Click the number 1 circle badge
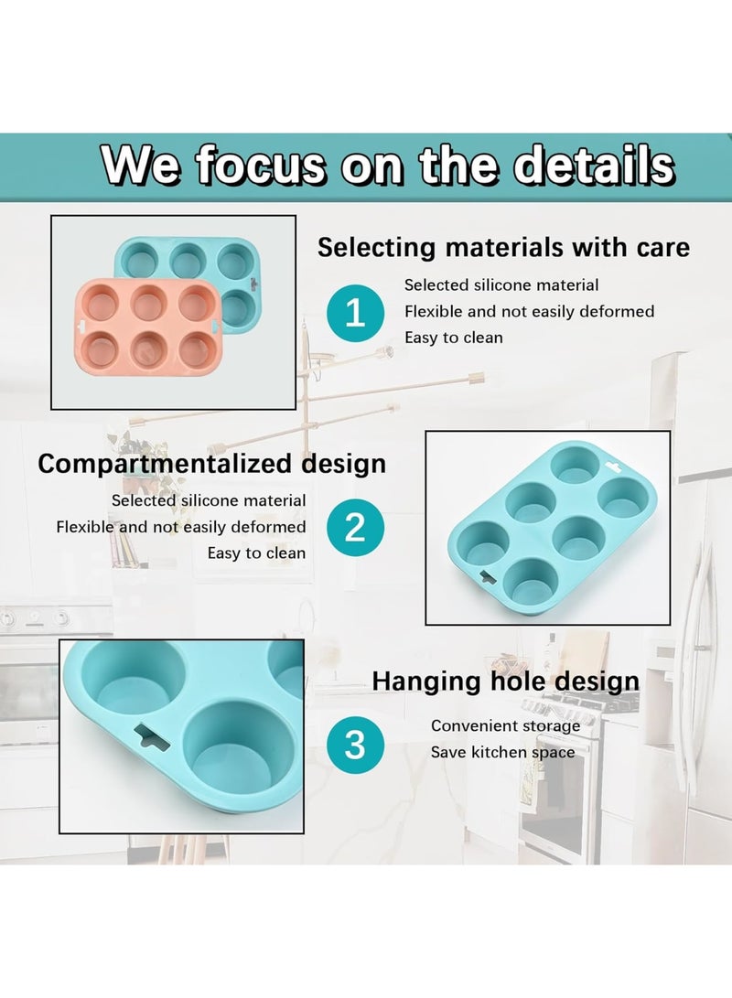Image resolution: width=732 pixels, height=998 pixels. click(x=355, y=313)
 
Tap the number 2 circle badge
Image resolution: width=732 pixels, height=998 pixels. click(x=355, y=528)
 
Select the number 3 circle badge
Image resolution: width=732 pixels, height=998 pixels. click(x=355, y=745)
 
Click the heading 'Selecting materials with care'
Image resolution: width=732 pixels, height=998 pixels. click(x=503, y=247)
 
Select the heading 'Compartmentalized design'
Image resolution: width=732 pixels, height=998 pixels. click(x=212, y=464)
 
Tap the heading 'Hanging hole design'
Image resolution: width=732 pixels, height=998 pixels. click(x=505, y=681)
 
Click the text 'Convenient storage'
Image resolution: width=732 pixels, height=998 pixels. click(x=505, y=725)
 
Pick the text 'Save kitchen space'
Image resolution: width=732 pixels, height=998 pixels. click(x=503, y=752)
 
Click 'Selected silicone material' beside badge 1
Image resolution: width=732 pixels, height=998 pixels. click(x=501, y=285)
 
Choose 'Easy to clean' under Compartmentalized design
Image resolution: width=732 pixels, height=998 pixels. click(x=256, y=553)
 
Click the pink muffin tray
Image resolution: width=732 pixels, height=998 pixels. click(x=146, y=326)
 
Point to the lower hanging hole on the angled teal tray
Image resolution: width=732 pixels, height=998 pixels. click(x=487, y=577)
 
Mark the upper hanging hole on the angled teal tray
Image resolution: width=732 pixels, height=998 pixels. click(x=614, y=467)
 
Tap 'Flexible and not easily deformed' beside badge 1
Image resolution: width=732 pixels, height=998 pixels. click(x=530, y=311)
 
